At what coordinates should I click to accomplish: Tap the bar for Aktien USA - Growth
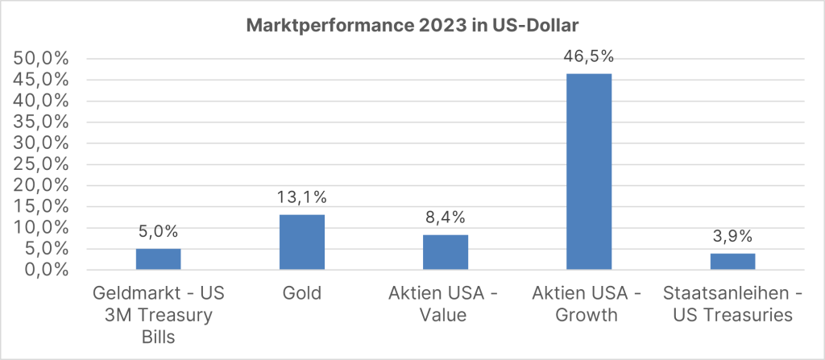tap(588, 172)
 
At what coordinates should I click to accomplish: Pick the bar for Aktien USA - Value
tap(445, 252)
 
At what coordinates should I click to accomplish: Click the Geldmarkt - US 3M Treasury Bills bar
tap(158, 259)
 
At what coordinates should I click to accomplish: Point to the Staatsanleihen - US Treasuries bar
tap(732, 262)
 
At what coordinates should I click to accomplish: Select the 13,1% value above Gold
tap(301, 197)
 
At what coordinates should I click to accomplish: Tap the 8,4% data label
tap(445, 217)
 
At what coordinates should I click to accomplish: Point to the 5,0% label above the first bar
tap(158, 232)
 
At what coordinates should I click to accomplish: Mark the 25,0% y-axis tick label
tap(41, 164)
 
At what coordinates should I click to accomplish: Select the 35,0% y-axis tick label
tap(41, 122)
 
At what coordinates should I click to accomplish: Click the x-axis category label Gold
tap(301, 294)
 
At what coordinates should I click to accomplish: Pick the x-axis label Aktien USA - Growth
tap(588, 304)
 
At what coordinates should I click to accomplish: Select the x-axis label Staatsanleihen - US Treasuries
tap(732, 304)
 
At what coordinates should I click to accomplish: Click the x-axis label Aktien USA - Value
tap(445, 304)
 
